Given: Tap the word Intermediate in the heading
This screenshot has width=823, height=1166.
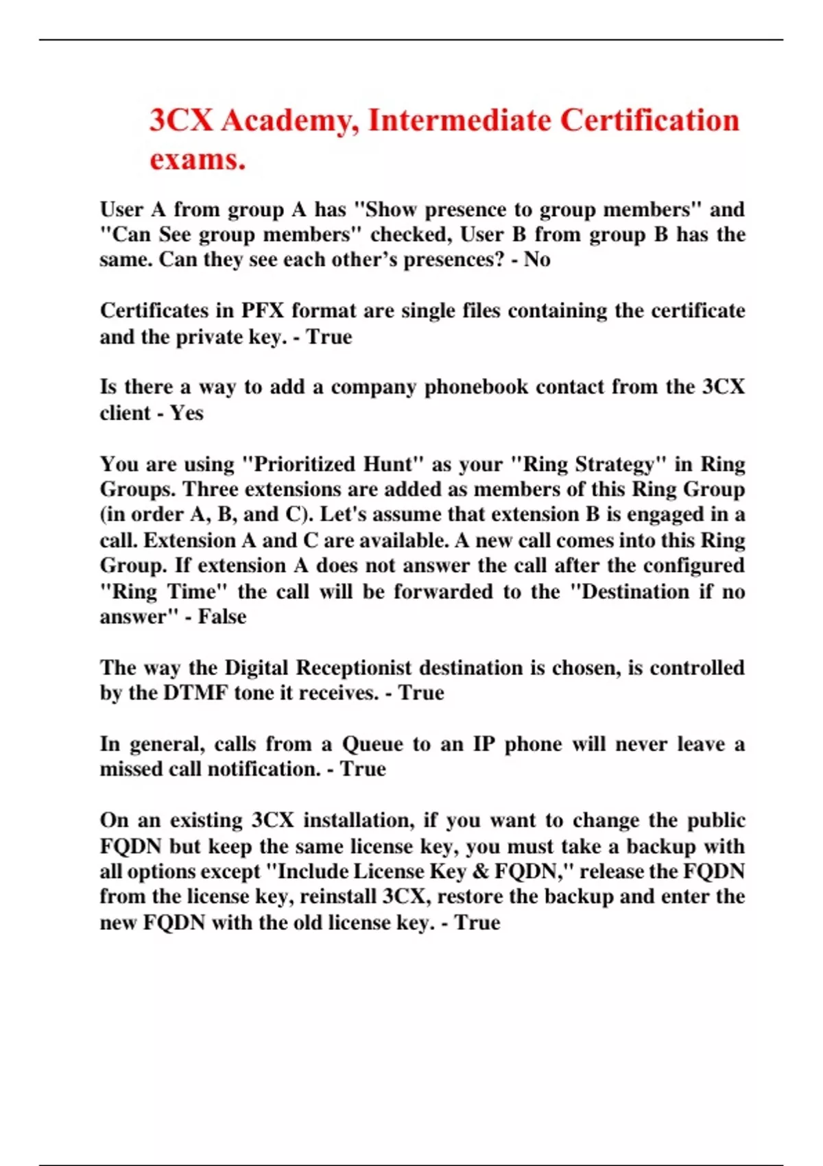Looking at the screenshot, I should [x=460, y=121].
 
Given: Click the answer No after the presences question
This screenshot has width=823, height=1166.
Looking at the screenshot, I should [x=537, y=260].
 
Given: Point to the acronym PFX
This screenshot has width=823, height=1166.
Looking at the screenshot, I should [x=262, y=311].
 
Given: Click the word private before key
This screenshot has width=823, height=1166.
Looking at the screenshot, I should [x=209, y=337].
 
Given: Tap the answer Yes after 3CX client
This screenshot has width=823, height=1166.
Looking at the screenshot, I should [x=187, y=413].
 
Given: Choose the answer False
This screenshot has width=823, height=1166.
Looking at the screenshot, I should [x=222, y=617].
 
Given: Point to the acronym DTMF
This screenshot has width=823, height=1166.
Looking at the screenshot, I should [x=195, y=693].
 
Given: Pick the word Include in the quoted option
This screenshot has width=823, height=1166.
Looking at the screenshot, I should [x=310, y=871].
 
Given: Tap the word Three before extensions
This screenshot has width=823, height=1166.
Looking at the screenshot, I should [x=211, y=490].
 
